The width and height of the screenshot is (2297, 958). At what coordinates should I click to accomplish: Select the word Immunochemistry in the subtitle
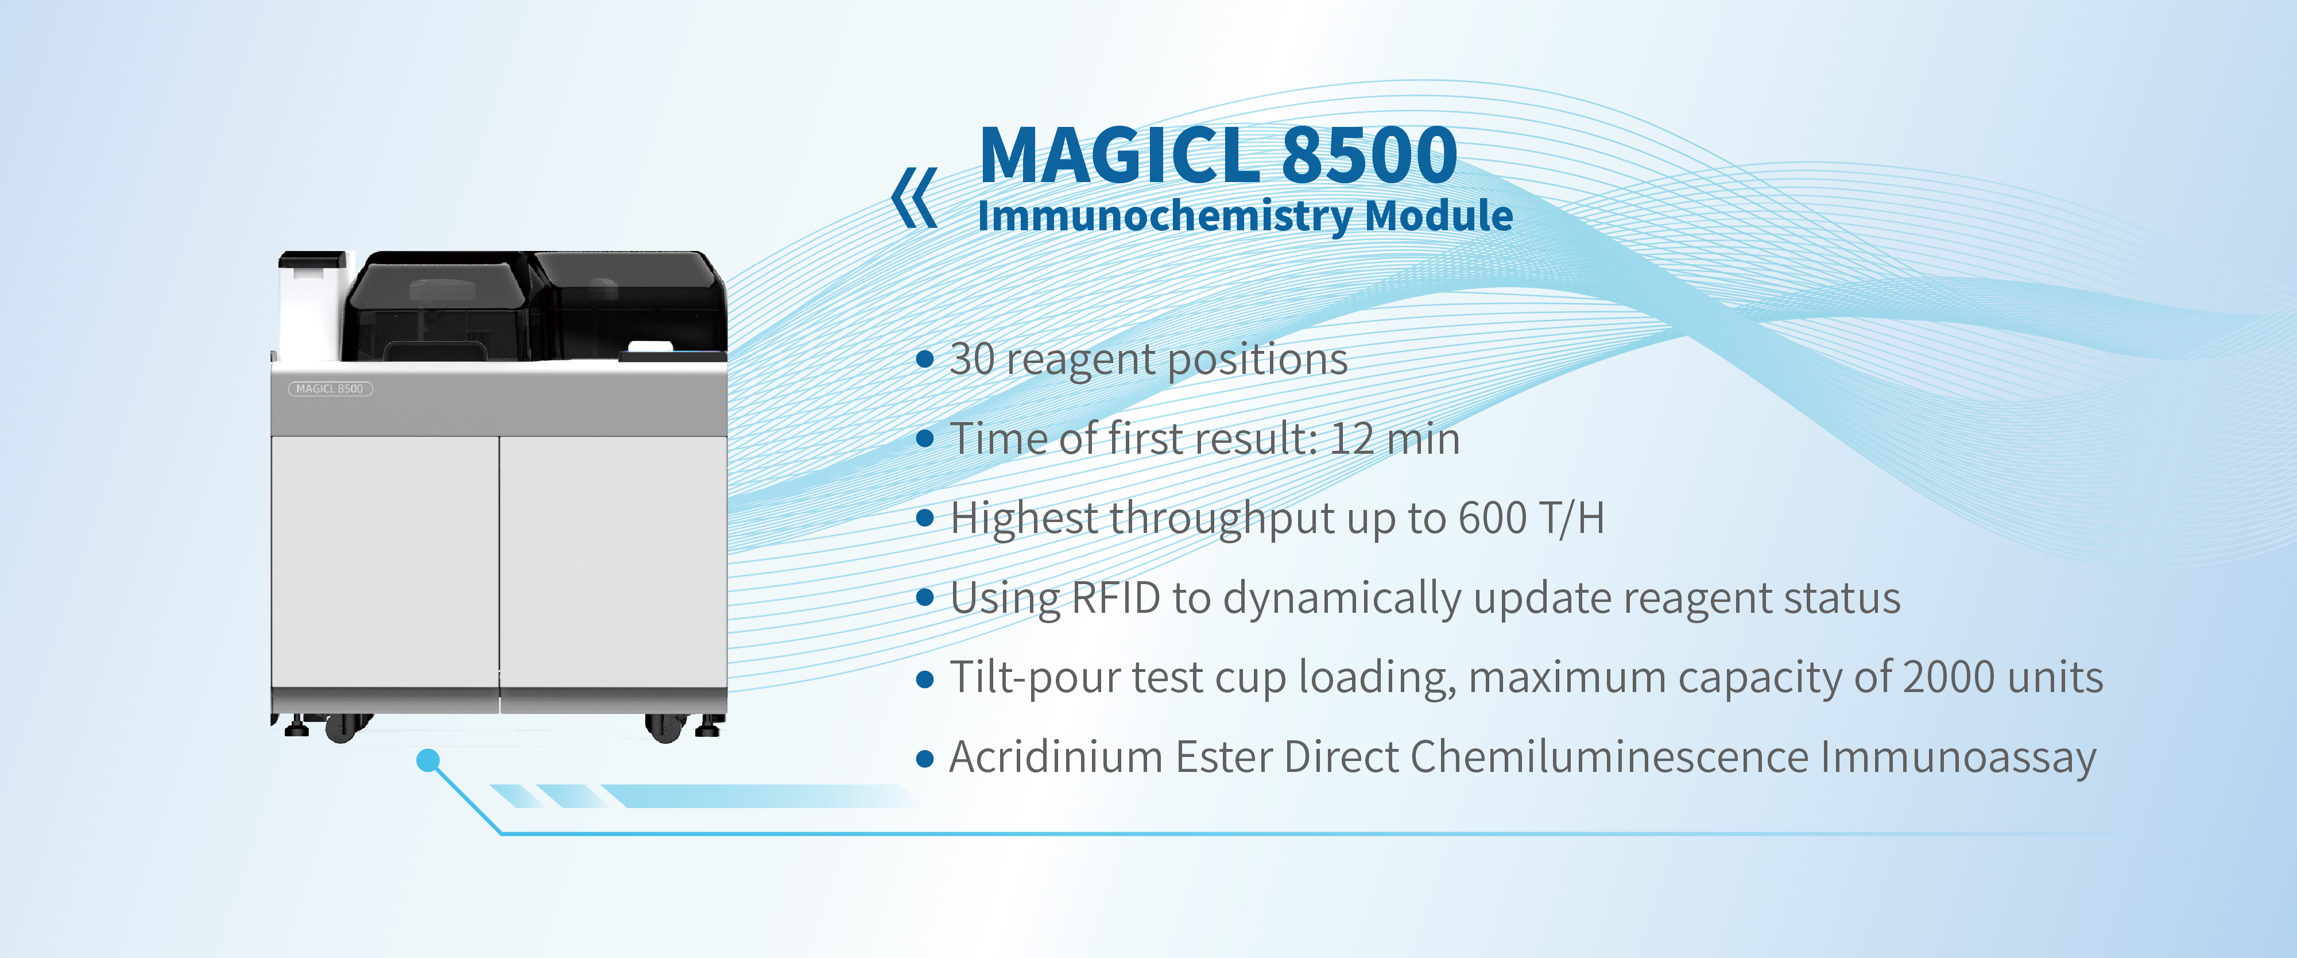coord(1164,217)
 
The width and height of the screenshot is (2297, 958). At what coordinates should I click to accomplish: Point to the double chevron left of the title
coord(914,197)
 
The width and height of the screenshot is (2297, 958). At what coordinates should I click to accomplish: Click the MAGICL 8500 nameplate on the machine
coord(330,389)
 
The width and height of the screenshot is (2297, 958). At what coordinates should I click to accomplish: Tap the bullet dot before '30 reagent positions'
coord(925,360)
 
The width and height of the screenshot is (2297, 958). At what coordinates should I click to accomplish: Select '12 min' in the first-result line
coord(1395,439)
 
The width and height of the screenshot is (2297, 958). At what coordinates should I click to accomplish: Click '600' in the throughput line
coord(1492,518)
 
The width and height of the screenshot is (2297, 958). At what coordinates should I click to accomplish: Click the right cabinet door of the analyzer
coord(614,562)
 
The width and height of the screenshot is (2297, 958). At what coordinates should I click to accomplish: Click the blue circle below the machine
coord(429,760)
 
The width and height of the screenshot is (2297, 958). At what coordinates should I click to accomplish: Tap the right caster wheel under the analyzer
coord(664,728)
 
